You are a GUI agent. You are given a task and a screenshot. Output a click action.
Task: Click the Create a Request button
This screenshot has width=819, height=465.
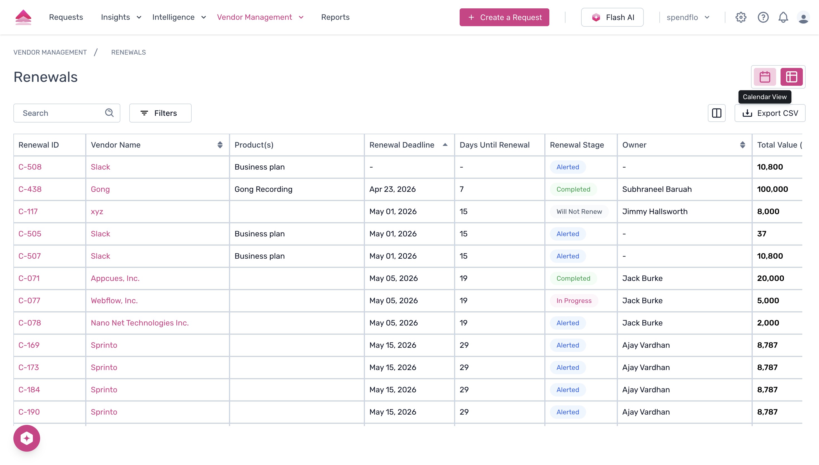tap(504, 17)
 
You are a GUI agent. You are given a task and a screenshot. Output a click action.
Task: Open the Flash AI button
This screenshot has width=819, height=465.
tap(612, 17)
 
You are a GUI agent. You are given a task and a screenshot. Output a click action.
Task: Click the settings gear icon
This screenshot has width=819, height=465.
tap(741, 17)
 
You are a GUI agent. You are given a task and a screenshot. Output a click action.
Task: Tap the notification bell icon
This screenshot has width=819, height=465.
tap(783, 17)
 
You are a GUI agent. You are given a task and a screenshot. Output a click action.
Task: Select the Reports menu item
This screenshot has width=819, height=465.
tap(335, 17)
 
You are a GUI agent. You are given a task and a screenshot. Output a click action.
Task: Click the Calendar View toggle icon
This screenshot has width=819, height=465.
tap(765, 77)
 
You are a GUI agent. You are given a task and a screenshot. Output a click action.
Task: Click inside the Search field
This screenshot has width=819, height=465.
tap(61, 113)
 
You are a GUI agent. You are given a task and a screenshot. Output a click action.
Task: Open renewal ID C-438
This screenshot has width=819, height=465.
tap(30, 189)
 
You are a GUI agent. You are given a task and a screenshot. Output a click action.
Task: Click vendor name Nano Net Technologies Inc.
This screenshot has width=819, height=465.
tap(140, 323)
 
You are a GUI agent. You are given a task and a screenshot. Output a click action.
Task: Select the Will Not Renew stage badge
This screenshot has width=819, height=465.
tap(579, 211)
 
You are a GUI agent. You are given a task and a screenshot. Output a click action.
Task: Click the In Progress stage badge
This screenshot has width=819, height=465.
tap(574, 300)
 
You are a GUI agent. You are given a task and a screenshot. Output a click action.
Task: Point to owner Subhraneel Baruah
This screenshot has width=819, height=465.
tap(657, 189)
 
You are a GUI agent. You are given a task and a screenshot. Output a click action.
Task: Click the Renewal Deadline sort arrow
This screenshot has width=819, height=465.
tap(445, 145)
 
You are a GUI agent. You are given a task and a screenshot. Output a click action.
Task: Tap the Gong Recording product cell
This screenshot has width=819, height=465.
tap(263, 189)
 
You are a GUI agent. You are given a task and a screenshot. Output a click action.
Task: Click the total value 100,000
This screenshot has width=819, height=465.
tap(772, 189)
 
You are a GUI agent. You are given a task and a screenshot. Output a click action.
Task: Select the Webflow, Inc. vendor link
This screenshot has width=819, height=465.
tap(114, 300)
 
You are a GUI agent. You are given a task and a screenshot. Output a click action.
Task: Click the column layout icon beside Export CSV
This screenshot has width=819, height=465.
tap(716, 113)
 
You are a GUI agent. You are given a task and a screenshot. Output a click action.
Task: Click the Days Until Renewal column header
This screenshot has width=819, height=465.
tap(494, 145)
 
